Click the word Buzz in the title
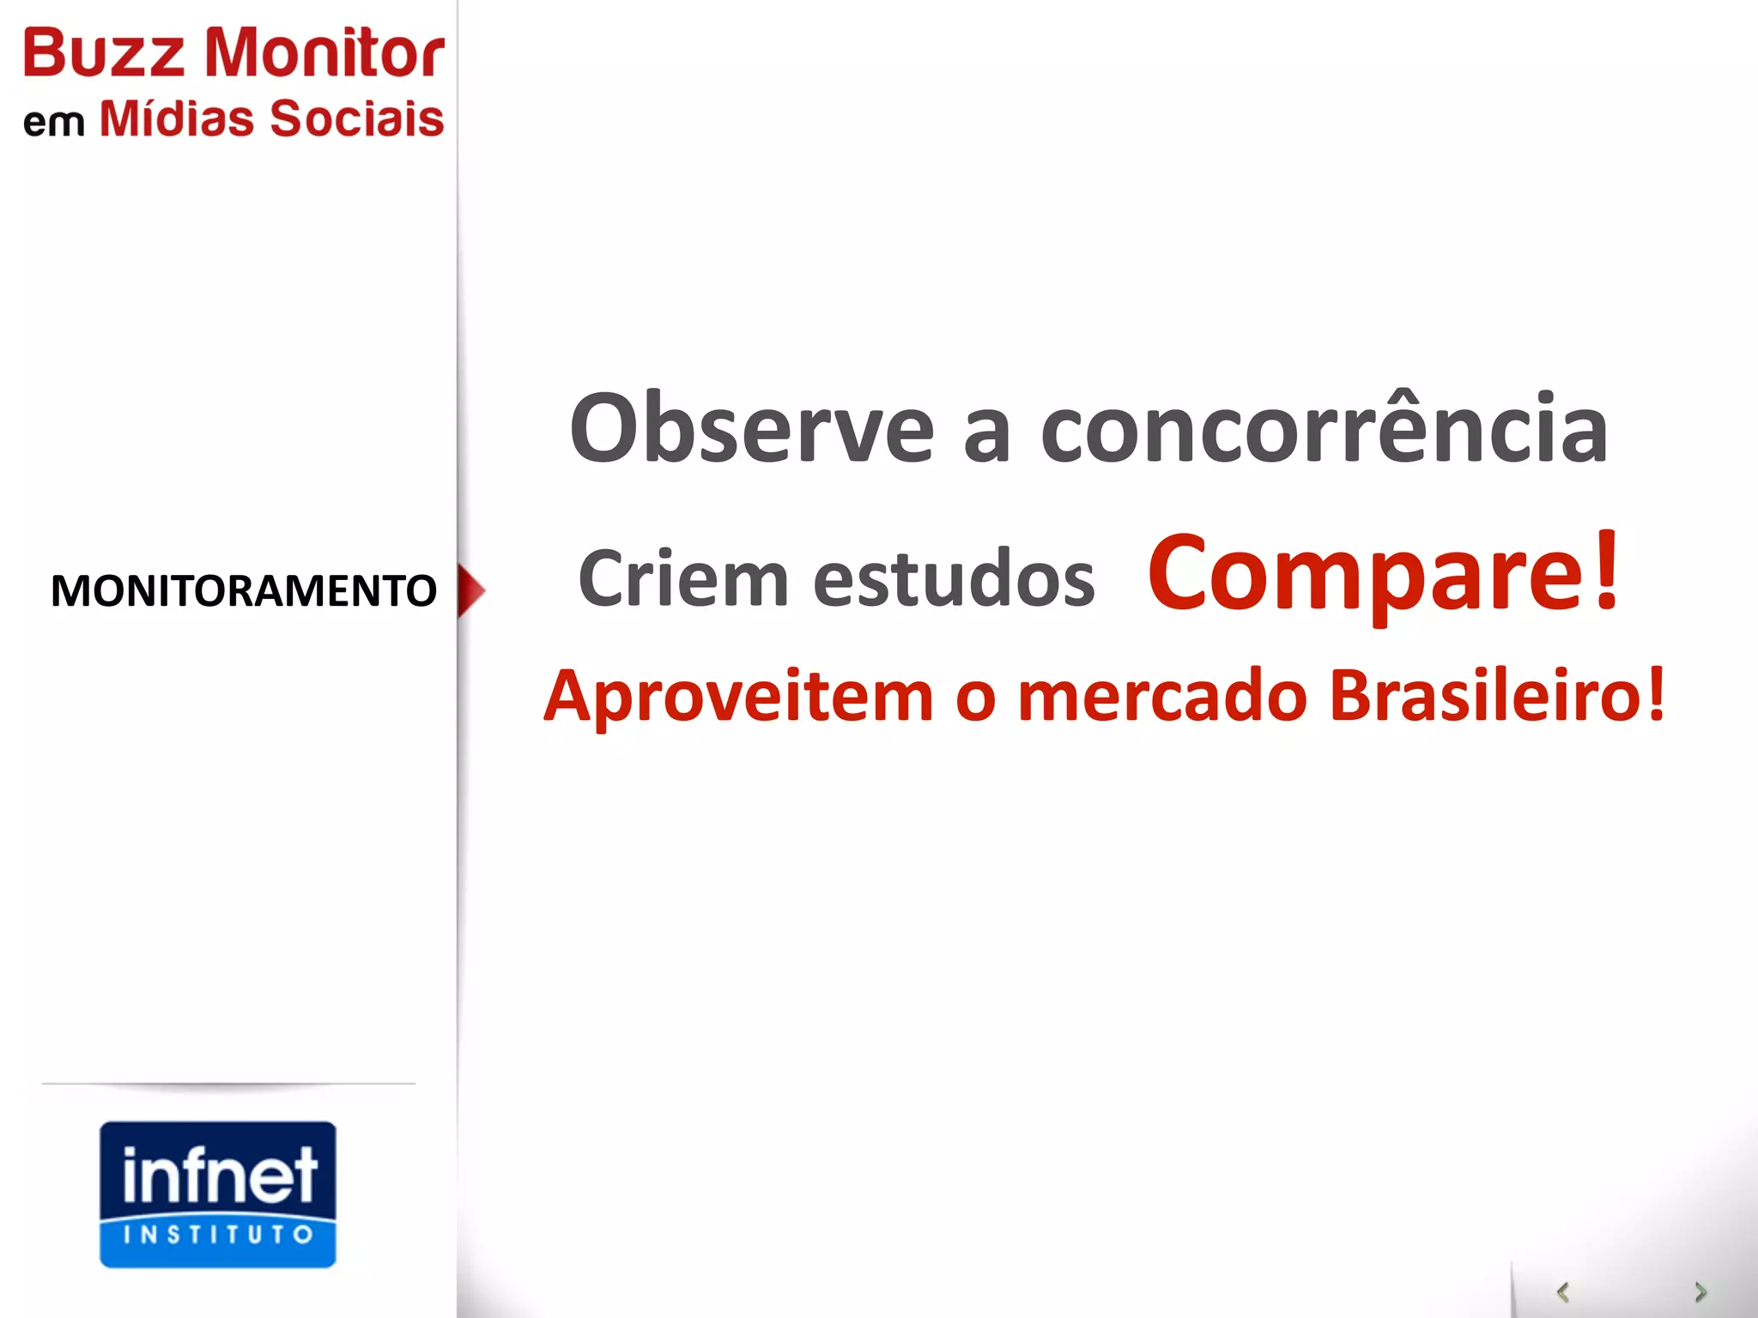click(x=103, y=53)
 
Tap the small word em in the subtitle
click(x=53, y=123)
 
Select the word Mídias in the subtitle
click(x=177, y=118)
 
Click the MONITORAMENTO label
click(x=244, y=591)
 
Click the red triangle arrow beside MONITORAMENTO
click(x=470, y=590)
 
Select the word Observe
click(x=751, y=429)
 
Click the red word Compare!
click(x=1384, y=573)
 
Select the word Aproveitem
click(x=738, y=696)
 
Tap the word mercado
click(x=1162, y=696)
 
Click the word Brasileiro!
click(x=1497, y=696)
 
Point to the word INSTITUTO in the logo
click(x=218, y=1235)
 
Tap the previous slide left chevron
click(x=1563, y=1291)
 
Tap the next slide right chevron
click(x=1700, y=1291)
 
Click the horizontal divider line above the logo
click(x=228, y=1084)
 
